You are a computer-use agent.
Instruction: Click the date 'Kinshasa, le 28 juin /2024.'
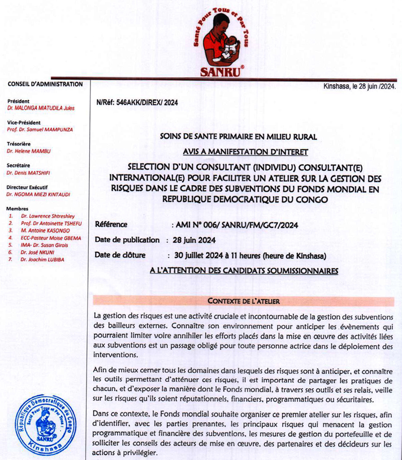(x=359, y=87)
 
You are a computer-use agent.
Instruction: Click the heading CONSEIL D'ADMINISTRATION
(x=45, y=84)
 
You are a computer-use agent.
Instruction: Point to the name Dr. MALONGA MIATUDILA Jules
(x=41, y=107)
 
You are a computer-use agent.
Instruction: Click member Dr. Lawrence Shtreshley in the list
(x=46, y=216)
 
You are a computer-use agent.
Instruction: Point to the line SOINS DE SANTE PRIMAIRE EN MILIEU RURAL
(x=239, y=136)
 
